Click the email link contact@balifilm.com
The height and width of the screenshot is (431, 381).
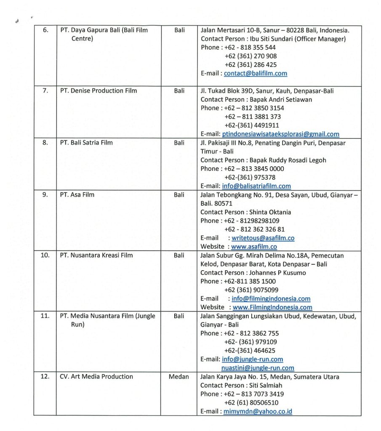pyautogui.click(x=256, y=73)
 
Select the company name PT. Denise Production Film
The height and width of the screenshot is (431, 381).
pyautogui.click(x=99, y=90)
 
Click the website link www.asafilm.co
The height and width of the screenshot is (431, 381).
pyautogui.click(x=254, y=247)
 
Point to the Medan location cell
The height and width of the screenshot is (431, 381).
pyautogui.click(x=179, y=377)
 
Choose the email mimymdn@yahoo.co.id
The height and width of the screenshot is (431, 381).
pyautogui.click(x=258, y=411)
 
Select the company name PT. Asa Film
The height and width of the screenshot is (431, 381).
pyautogui.click(x=77, y=195)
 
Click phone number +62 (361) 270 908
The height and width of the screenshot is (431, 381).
pyautogui.click(x=250, y=56)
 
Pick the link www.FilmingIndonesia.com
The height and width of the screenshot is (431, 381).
pyautogui.click(x=272, y=307)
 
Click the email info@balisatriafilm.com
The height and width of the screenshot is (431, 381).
pyautogui.click(x=256, y=186)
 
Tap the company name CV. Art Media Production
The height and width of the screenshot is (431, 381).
pyautogui.click(x=96, y=377)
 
